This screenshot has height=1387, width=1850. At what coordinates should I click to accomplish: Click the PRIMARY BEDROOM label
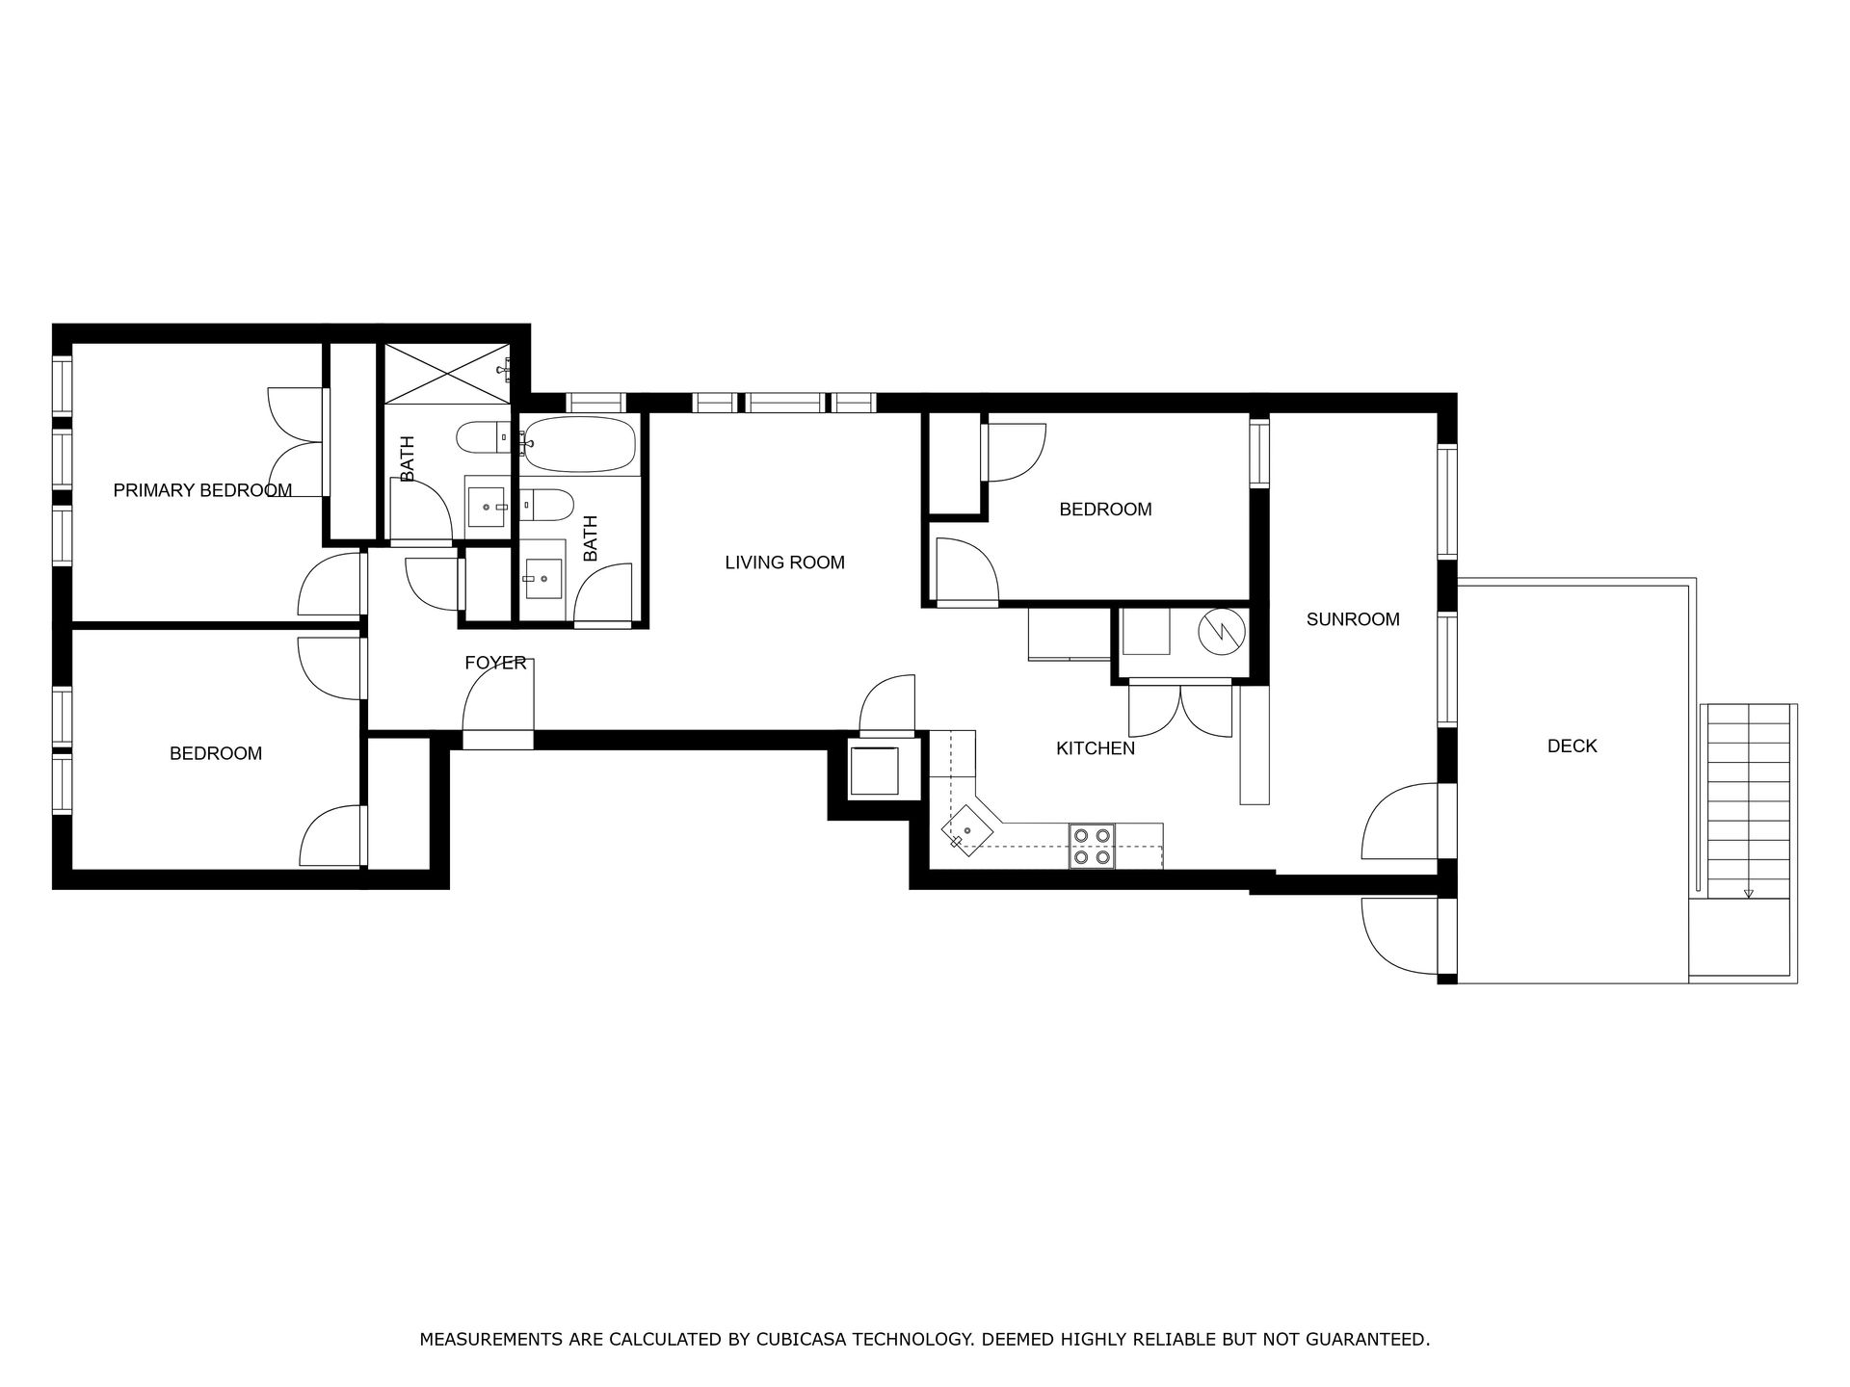pos(202,490)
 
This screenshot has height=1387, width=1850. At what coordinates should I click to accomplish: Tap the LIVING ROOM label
pos(784,563)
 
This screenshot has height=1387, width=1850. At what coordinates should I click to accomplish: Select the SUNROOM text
pos(1353,619)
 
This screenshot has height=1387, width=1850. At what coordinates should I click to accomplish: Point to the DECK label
pos(1572,746)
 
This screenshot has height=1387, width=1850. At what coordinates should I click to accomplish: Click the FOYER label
pos(495,663)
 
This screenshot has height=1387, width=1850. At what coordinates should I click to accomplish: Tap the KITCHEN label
pos(1096,748)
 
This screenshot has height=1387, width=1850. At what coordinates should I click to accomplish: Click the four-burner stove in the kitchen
pos(1092,847)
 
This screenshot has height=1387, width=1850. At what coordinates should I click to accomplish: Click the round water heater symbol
pos(1221,632)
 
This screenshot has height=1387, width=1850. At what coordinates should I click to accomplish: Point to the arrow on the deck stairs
pos(1748,893)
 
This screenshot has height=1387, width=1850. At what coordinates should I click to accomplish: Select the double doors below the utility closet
pos(1180,710)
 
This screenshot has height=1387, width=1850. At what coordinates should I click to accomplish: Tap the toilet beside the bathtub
pos(547,504)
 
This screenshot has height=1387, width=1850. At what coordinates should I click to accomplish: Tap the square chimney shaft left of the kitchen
pos(874,770)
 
